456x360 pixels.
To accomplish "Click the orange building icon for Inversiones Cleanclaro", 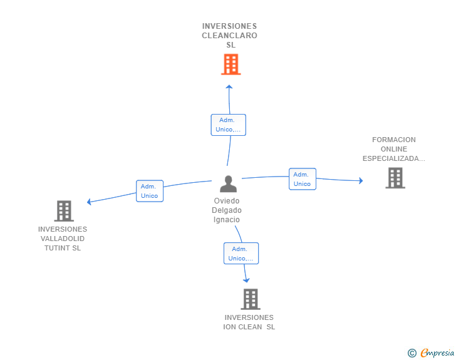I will [x=231, y=64].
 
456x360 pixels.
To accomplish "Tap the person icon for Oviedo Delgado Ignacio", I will [x=228, y=184].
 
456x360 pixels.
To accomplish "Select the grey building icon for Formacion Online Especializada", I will [x=395, y=178].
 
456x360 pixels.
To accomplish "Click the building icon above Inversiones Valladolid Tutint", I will [x=64, y=211].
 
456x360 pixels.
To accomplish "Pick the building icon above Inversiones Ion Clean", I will [x=250, y=299].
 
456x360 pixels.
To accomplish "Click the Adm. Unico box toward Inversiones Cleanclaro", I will [x=228, y=125].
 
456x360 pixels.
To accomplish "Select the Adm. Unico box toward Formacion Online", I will [x=302, y=179].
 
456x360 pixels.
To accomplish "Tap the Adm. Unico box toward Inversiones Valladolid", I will [x=149, y=191].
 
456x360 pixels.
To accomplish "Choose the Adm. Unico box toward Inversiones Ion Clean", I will [x=241, y=254].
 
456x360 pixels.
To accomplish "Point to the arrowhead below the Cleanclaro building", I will [x=229, y=87].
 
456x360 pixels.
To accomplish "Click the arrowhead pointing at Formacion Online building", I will [x=360, y=181].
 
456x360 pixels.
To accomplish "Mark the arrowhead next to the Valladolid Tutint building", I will [x=90, y=202].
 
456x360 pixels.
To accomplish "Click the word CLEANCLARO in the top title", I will [x=229, y=36].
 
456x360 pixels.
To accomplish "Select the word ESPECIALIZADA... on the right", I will [x=393, y=158].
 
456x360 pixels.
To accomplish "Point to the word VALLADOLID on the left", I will [x=63, y=239].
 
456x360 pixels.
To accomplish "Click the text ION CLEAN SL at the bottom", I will [x=249, y=327].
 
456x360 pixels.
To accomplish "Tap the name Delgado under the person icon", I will [x=227, y=210].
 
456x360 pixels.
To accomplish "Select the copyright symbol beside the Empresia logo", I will [x=412, y=353].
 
